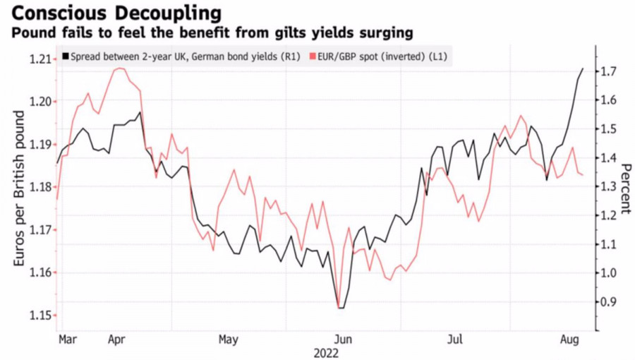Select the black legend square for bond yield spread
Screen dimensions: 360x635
[x=66, y=55]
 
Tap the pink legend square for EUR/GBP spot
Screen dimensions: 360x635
[x=313, y=55]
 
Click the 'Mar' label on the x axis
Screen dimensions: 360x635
[x=68, y=340]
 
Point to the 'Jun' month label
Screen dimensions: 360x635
[x=342, y=340]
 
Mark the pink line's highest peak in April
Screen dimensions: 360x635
[x=121, y=68]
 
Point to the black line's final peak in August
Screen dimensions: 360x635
[x=583, y=68]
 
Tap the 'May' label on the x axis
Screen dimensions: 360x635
[x=228, y=340]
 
